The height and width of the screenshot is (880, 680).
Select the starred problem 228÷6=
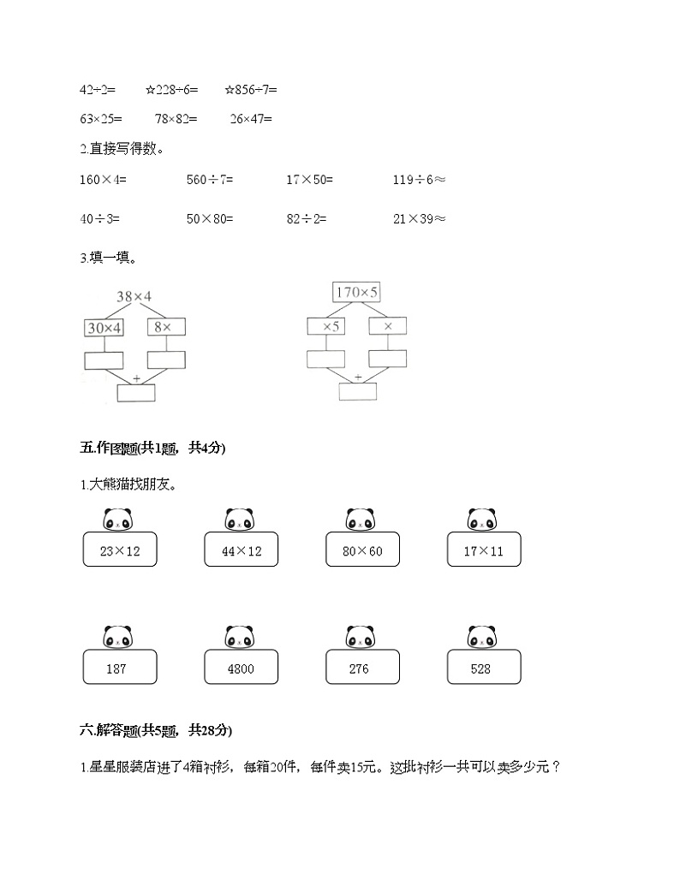click(171, 89)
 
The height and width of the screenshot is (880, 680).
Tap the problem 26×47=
click(251, 119)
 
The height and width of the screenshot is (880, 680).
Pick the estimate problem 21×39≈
click(420, 219)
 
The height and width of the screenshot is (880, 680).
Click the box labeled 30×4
click(104, 327)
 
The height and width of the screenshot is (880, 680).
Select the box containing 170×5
click(355, 293)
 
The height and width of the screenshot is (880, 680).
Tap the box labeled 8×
click(166, 327)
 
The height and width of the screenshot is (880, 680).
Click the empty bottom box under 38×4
click(136, 392)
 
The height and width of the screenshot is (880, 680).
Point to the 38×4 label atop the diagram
click(134, 297)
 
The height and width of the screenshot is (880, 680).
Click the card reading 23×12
click(120, 550)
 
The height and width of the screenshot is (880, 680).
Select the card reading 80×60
click(362, 550)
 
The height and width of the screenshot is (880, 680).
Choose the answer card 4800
click(241, 668)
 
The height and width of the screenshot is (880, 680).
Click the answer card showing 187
click(120, 668)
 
